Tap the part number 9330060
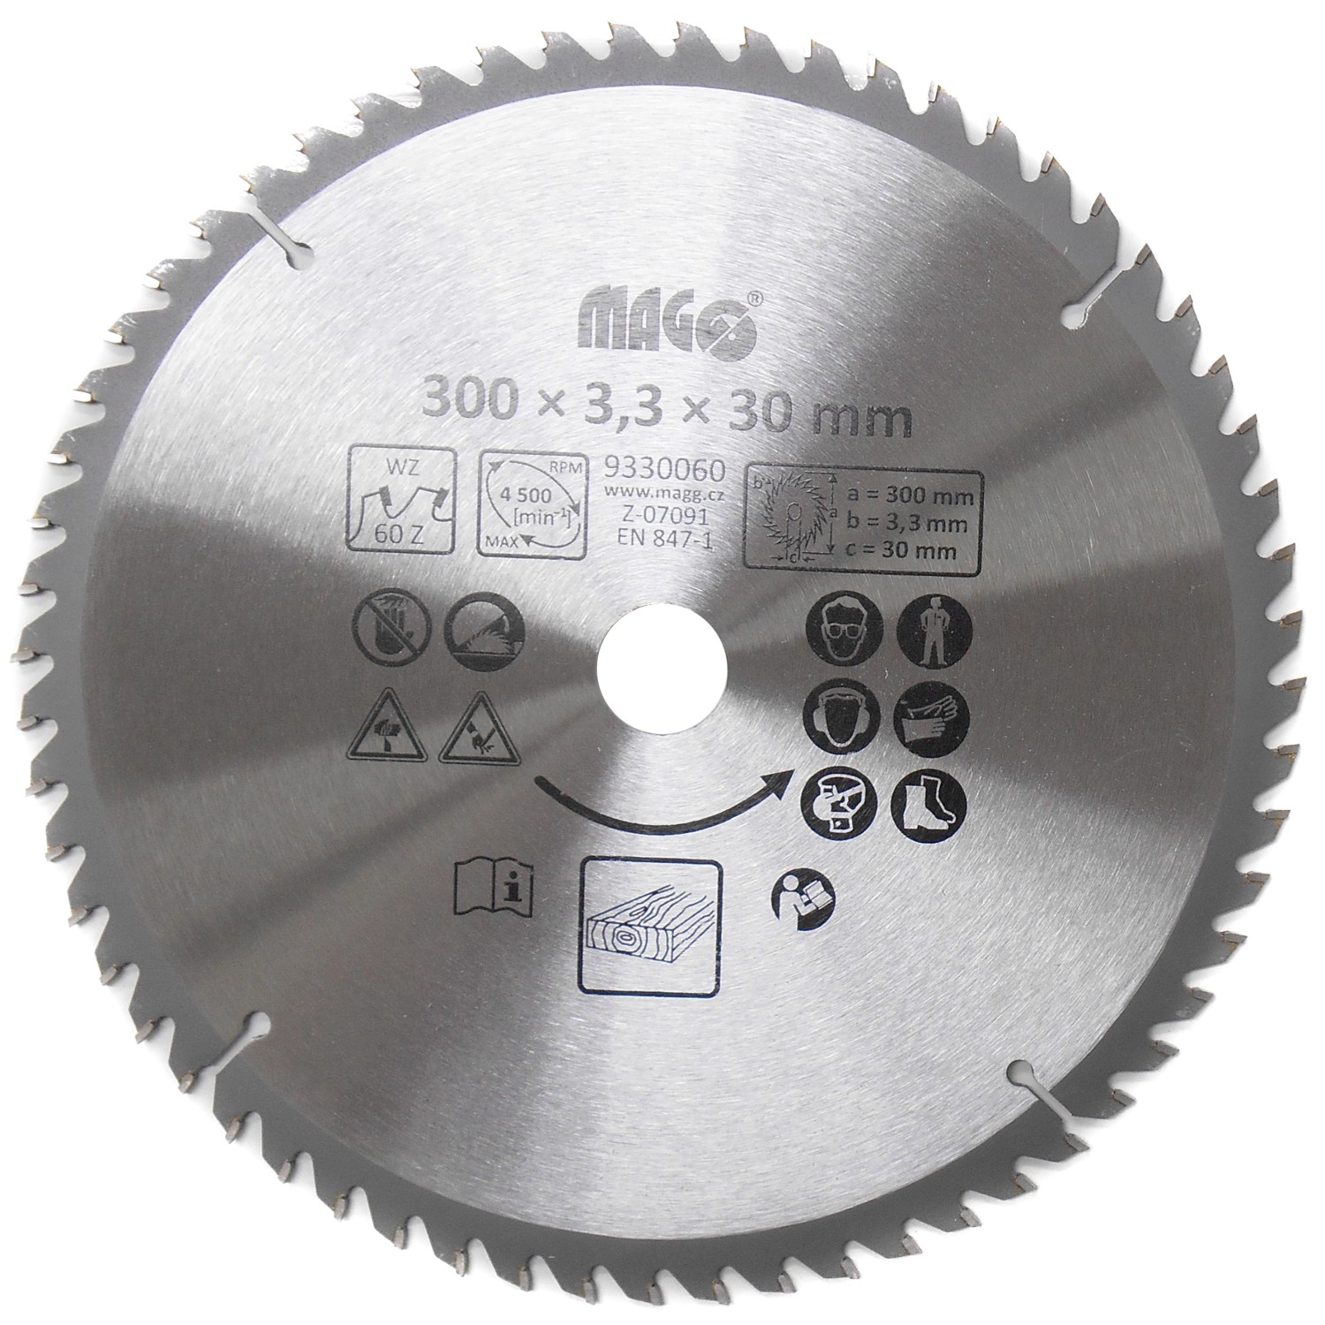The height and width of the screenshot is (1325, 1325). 662,468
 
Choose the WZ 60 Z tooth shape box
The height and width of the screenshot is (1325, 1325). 403,500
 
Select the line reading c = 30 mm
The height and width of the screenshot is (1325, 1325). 921,550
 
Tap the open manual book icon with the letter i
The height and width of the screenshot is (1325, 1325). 488,887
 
